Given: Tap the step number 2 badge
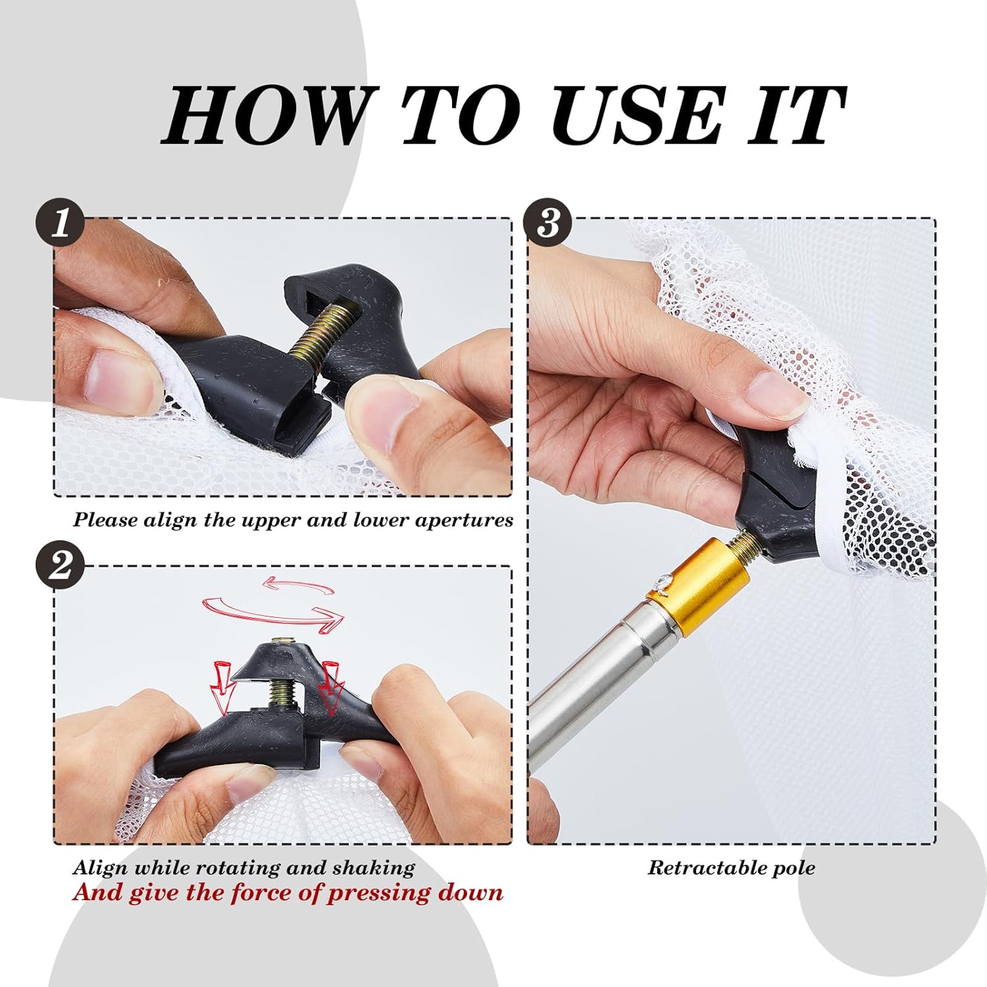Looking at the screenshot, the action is (60, 565).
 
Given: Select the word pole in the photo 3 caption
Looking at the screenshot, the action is (794, 869).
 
